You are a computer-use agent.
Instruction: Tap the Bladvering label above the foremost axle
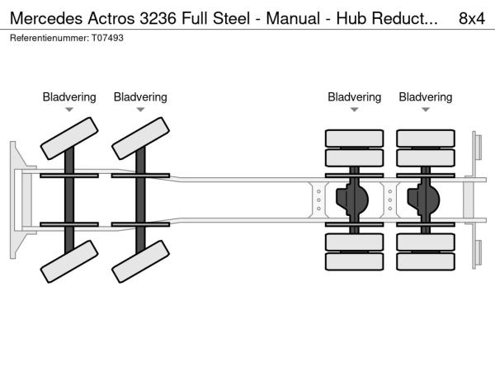(x=69, y=97)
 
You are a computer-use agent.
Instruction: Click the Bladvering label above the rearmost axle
(x=426, y=97)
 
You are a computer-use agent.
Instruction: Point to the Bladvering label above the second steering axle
(x=140, y=97)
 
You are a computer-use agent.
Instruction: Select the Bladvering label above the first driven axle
(x=354, y=97)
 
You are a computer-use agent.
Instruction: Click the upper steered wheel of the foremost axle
(x=69, y=138)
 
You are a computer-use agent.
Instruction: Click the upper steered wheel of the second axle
(x=140, y=138)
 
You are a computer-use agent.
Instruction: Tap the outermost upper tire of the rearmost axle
(x=426, y=138)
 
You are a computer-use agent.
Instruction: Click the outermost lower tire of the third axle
(x=354, y=262)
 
